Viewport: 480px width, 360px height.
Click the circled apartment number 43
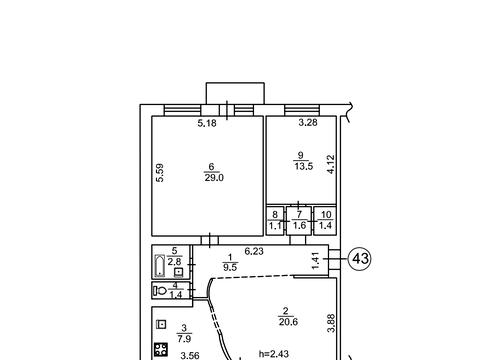[360, 258]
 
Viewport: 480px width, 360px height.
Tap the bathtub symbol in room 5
[160, 266]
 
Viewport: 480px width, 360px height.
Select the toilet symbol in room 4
[160, 291]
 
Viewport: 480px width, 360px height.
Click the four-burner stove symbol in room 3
[161, 349]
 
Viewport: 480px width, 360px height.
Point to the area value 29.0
[214, 178]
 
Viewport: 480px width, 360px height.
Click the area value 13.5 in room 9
[304, 166]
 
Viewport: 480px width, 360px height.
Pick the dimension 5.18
[207, 123]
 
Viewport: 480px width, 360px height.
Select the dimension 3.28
[308, 123]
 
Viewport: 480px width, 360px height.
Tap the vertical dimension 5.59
[160, 173]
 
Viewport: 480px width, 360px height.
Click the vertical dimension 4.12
[331, 164]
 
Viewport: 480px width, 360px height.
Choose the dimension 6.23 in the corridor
[254, 251]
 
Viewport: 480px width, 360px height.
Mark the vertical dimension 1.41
[315, 261]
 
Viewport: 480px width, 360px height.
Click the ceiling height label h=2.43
[274, 354]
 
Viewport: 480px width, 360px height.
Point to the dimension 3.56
[190, 356]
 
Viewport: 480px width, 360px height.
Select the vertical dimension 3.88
[331, 323]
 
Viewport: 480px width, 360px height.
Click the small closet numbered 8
[275, 221]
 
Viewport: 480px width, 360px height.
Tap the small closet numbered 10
[325, 221]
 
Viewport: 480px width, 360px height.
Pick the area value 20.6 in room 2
[288, 322]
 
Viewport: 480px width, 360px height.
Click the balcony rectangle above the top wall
[235, 94]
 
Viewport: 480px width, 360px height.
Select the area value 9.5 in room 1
[230, 267]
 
